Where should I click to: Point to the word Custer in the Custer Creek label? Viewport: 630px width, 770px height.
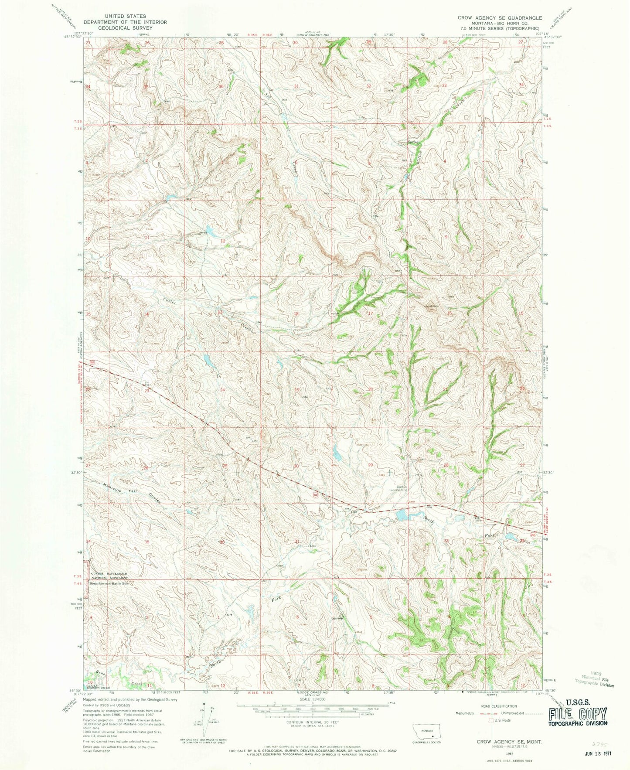[x=159, y=300]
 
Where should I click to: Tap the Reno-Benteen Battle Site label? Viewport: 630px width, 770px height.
[x=109, y=583]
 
